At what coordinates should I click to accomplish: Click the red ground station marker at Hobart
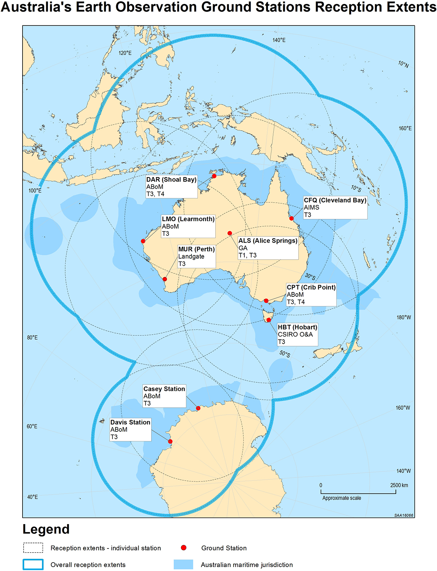[x=269, y=320]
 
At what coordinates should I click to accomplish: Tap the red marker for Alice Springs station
[x=230, y=233]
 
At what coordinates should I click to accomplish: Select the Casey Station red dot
[x=198, y=408]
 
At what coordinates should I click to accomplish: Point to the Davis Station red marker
[x=170, y=442]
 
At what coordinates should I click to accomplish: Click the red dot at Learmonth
[x=143, y=241]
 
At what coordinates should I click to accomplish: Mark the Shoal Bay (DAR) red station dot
[x=214, y=176]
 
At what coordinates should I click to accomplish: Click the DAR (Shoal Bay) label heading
[x=171, y=180]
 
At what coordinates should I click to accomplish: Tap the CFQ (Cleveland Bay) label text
[x=335, y=200]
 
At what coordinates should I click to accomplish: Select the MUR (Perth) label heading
[x=196, y=249]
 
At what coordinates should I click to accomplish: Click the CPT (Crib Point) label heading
[x=311, y=287]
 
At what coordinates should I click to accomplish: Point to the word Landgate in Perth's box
[x=191, y=257]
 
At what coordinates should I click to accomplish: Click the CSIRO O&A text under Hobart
[x=295, y=335]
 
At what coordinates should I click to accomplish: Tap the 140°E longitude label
[x=279, y=40]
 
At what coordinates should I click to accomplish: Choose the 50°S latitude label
[x=285, y=354]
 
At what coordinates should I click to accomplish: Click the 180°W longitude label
[x=403, y=318]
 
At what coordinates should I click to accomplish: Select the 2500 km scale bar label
[x=399, y=485]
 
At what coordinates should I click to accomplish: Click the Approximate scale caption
[x=342, y=498]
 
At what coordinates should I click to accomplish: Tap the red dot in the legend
[x=184, y=548]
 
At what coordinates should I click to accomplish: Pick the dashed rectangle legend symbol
[x=33, y=548]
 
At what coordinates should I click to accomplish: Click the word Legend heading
[x=46, y=530]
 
